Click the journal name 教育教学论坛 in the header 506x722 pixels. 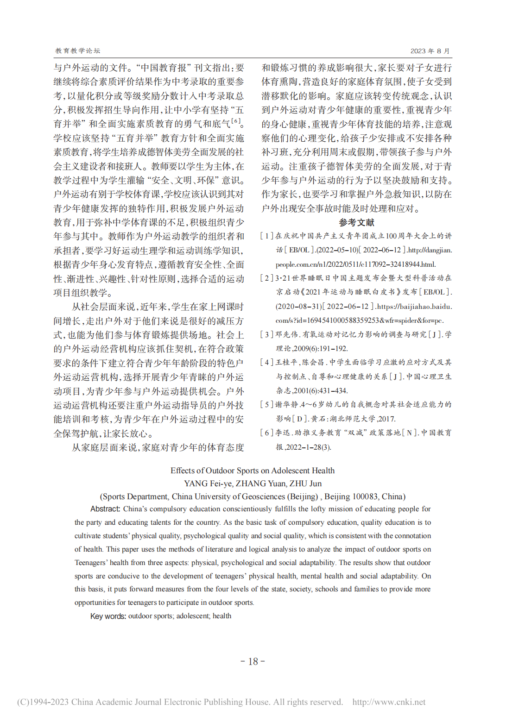pyautogui.click(x=77, y=51)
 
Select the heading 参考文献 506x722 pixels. pyautogui.click(x=356, y=223)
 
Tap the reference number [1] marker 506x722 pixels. pyautogui.click(x=267, y=236)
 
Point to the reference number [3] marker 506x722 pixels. pyautogui.click(x=267, y=334)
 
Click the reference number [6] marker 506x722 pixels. pyautogui.click(x=267, y=433)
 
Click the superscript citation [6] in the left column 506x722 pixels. pyautogui.click(x=236, y=121)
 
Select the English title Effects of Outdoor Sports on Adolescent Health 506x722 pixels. pyautogui.click(x=253, y=471)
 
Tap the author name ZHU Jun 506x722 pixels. pyautogui.click(x=305, y=483)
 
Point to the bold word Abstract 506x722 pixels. pyautogui.click(x=105, y=509)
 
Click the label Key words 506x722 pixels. pyautogui.click(x=108, y=616)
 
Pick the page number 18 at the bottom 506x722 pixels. pyautogui.click(x=253, y=661)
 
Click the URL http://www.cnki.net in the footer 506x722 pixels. pyautogui.click(x=389, y=702)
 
